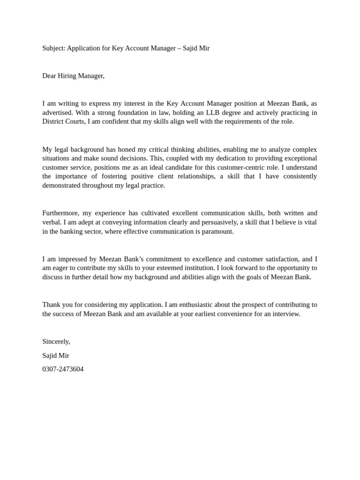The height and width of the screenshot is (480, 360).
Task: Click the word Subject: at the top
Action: point(53,48)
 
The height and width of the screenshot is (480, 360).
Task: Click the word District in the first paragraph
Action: point(53,121)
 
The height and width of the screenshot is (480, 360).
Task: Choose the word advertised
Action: point(58,112)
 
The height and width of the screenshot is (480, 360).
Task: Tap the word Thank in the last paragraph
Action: point(51,304)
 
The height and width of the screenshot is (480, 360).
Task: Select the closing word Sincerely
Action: point(56,341)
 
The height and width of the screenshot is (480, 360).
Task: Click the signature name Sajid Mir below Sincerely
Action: point(56,355)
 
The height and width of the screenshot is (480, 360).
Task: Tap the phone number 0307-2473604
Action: point(63,369)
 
